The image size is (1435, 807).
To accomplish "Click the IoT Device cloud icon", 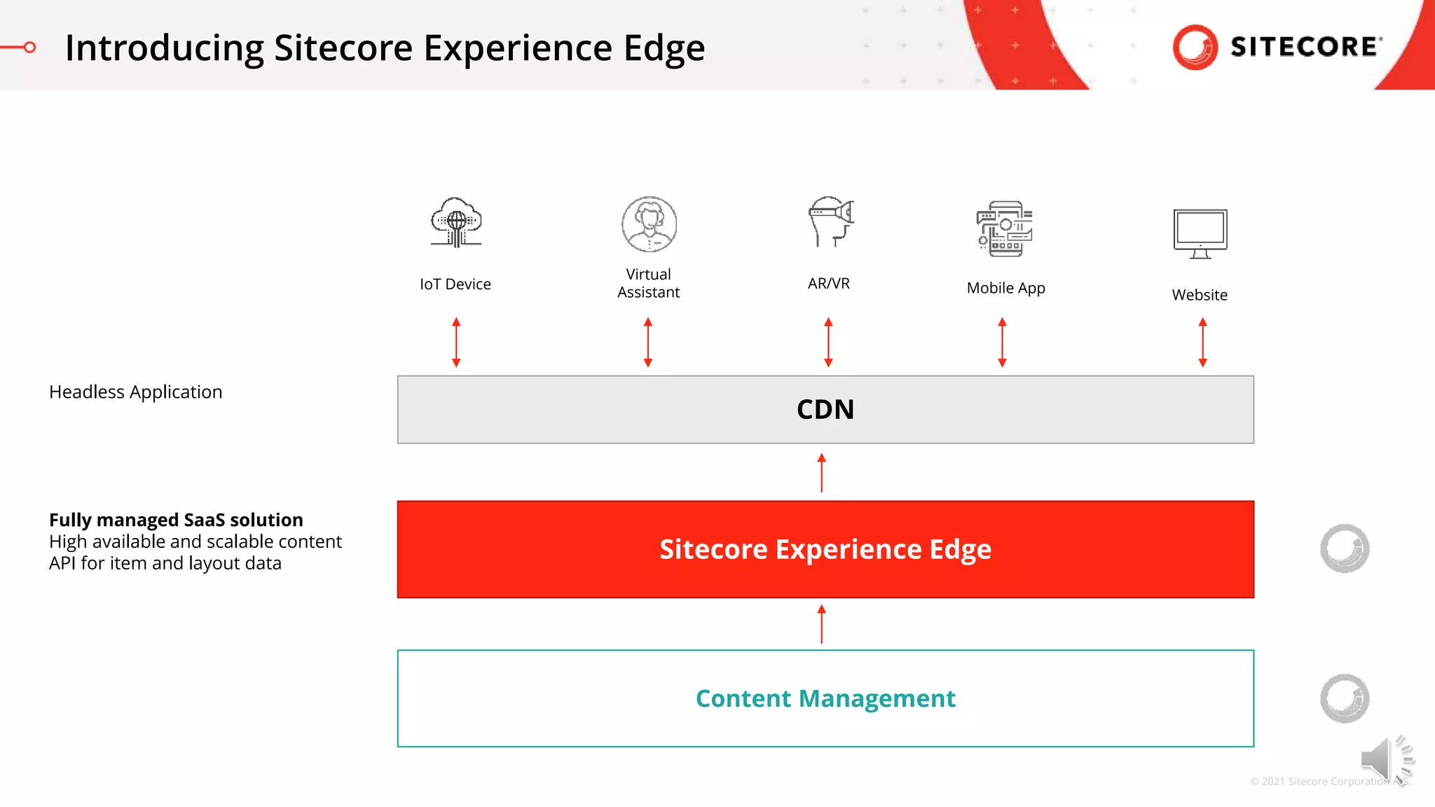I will coord(456,223).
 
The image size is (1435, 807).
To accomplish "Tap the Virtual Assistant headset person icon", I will coord(649,224).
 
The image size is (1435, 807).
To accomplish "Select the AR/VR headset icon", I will coord(831,221).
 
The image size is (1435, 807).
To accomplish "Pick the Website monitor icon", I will coord(1200,233).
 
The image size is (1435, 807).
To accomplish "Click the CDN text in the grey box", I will coord(825,410).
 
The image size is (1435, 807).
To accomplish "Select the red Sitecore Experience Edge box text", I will coord(825,549).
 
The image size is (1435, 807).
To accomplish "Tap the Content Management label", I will coord(825,698).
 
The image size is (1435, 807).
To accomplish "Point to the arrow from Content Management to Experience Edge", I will coord(822,624).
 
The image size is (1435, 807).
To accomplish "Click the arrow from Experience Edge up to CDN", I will coord(822,473).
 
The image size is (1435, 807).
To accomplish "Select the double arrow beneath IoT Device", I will coord(456,343).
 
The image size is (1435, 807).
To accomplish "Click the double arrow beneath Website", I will coord(1202,343).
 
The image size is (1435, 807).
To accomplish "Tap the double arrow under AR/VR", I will coord(828,343).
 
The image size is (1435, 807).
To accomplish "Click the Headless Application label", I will coord(135,392).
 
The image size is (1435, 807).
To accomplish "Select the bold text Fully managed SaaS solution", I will coord(176,520).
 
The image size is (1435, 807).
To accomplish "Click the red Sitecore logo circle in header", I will coord(1195,48).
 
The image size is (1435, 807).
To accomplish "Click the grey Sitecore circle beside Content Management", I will coord(1345,698).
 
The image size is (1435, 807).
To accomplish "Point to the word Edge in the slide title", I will coord(664,48).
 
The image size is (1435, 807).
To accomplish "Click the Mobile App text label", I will coord(1005,288).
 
